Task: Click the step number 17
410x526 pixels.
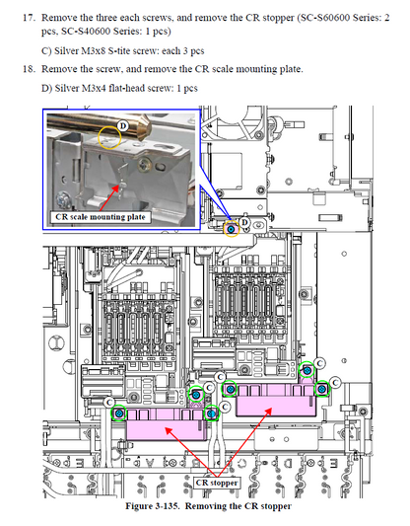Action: click(29, 18)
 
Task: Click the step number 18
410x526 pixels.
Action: click(29, 69)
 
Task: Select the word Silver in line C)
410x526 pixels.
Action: click(66, 51)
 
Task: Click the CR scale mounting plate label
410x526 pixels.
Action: click(101, 217)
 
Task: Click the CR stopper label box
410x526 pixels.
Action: click(217, 483)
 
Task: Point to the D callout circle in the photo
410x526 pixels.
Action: click(123, 126)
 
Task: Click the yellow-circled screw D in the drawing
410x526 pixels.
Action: click(232, 230)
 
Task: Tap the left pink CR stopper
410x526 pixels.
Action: click(167, 423)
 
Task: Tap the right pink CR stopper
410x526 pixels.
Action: click(276, 400)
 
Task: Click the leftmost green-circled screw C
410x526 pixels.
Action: click(119, 413)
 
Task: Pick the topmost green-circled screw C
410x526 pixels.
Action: click(307, 370)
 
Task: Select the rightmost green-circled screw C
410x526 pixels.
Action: click(322, 389)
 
